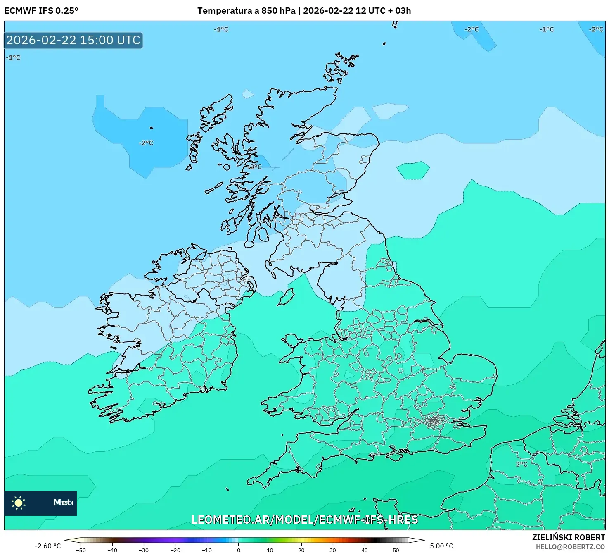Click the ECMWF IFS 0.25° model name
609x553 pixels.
point(41,11)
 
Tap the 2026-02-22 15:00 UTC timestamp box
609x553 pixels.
point(73,41)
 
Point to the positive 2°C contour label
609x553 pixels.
point(521,464)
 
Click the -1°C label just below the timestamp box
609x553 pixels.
point(13,58)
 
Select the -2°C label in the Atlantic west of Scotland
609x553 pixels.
point(146,143)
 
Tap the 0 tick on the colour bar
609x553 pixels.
point(238,550)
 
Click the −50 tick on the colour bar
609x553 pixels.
point(81,550)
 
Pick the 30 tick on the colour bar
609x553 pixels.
point(333,550)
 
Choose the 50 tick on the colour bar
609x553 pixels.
point(396,550)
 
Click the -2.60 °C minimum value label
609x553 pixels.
point(47,546)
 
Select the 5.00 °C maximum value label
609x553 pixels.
point(441,546)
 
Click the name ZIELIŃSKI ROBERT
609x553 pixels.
point(569,538)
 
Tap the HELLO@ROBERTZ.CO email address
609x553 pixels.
point(573,547)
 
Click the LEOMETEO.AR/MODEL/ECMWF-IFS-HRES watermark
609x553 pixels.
point(305,520)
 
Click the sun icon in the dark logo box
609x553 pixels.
point(19,503)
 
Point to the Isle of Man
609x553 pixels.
point(286,297)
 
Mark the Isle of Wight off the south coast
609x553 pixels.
point(394,456)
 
